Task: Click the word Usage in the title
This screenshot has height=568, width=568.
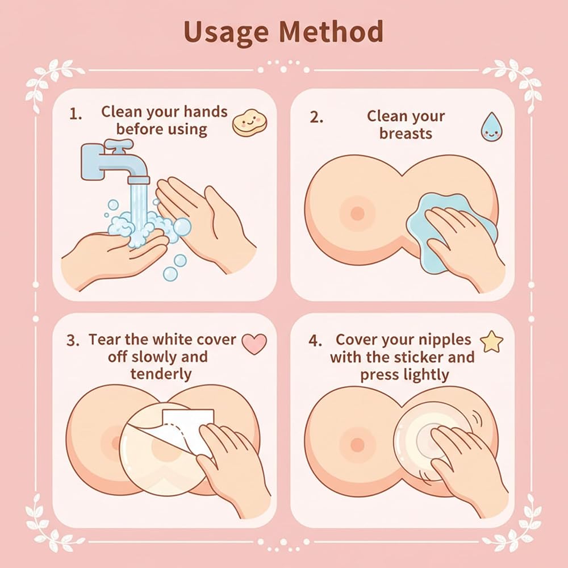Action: tap(227, 32)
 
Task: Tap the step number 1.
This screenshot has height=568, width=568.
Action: tap(75, 115)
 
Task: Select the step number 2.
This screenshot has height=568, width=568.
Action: tap(316, 117)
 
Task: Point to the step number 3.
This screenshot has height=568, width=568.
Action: tap(73, 340)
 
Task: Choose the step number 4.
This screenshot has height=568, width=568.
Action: tap(315, 341)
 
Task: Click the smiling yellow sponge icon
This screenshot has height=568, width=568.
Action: tap(249, 123)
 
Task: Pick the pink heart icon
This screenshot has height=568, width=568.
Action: tap(254, 344)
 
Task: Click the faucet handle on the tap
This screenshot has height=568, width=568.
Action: tap(119, 144)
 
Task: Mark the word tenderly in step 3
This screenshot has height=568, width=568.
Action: tap(161, 374)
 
